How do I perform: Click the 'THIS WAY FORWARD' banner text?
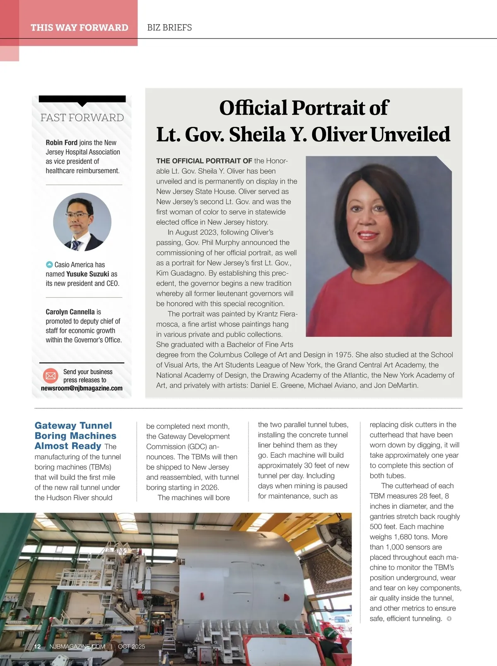tap(79, 28)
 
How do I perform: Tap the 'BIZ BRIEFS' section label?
tap(169, 28)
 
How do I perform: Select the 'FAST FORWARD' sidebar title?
tap(82, 118)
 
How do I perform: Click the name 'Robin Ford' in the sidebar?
tap(62, 143)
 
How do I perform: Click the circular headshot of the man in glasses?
tap(82, 222)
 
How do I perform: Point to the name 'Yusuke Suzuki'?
tap(87, 274)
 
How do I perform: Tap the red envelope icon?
tap(51, 376)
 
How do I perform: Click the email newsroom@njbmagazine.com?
tap(82, 389)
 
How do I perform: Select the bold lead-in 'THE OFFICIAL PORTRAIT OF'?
tap(204, 161)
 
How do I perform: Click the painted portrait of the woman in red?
tap(379, 246)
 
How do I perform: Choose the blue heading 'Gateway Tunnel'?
tap(73, 425)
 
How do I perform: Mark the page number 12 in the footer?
tap(37, 647)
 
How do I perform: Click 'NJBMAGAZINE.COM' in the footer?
tap(77, 647)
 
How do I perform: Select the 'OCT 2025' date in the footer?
tap(131, 647)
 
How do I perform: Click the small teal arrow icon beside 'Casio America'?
tap(49, 265)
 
